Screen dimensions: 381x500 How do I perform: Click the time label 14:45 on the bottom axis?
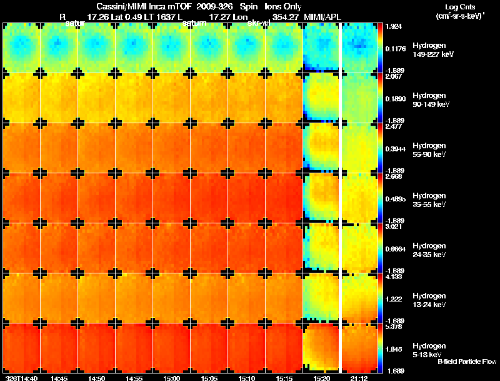pos(59,378)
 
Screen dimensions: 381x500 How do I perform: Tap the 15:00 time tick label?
pos(172,378)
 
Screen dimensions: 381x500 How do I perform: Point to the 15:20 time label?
pos(322,378)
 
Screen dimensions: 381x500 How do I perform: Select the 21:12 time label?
pos(359,378)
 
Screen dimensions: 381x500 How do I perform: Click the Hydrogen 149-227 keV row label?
pos(432,49)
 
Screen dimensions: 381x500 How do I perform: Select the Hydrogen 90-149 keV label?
pos(431,99)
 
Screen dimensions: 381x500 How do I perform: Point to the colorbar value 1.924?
pos(394,27)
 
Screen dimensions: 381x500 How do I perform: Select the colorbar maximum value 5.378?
pos(394,327)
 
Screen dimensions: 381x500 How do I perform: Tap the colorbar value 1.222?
pos(394,299)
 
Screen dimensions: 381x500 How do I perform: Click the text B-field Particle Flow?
pos(466,362)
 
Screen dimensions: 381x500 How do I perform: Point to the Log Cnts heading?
pos(460,6)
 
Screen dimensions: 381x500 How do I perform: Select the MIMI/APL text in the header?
pos(322,16)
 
